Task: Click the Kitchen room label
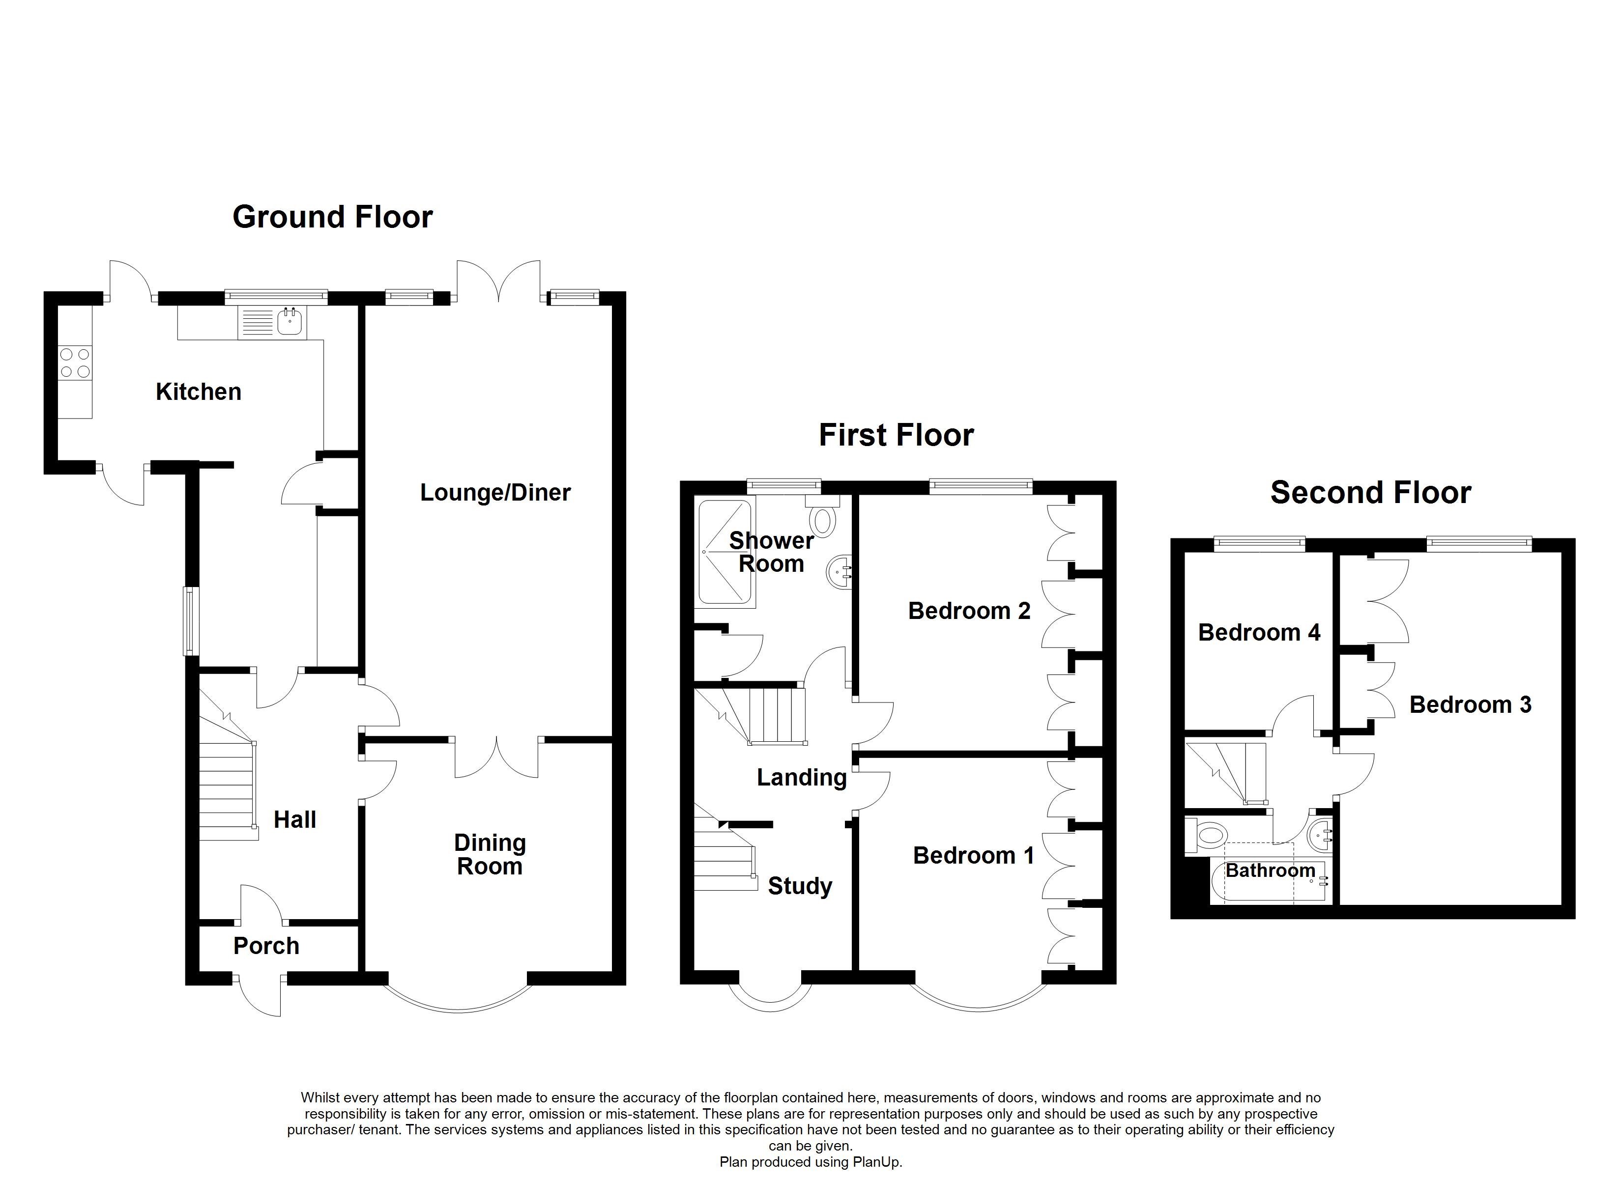(x=198, y=392)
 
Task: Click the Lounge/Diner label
(x=495, y=493)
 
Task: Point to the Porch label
(x=266, y=946)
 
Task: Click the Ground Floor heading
(x=333, y=217)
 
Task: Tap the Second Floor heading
(x=1370, y=493)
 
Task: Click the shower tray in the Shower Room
(x=724, y=552)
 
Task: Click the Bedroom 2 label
(x=969, y=611)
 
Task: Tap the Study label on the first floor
(x=800, y=887)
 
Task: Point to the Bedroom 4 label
(x=1259, y=632)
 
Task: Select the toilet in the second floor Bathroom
(x=1209, y=836)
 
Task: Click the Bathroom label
(x=1270, y=870)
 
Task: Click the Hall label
(x=294, y=819)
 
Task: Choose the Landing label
(x=801, y=777)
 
